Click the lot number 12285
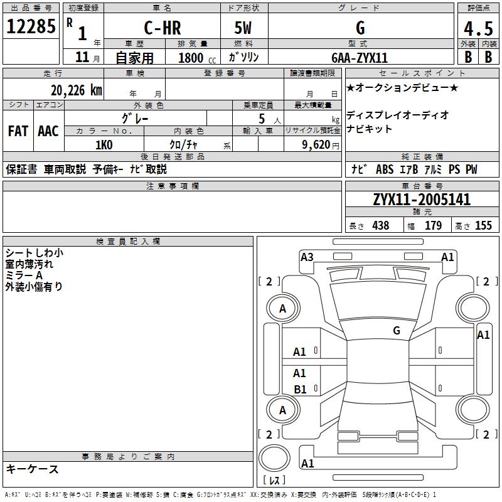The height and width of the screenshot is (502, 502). [x=31, y=26]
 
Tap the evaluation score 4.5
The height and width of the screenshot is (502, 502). [x=477, y=29]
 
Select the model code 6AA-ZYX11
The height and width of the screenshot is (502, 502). [x=360, y=58]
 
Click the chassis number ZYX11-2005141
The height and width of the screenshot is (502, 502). [x=421, y=200]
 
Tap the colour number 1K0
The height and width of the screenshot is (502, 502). [x=104, y=145]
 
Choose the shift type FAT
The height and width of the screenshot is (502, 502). [x=18, y=131]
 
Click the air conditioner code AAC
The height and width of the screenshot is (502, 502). [x=48, y=131]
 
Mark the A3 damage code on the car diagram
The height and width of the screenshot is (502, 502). [x=307, y=257]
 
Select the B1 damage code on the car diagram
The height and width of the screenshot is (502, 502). [x=300, y=390]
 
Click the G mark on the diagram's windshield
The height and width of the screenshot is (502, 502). [x=397, y=331]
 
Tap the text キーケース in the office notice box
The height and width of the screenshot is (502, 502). [x=32, y=469]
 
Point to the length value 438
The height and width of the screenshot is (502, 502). [x=380, y=226]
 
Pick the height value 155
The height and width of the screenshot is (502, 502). [x=483, y=226]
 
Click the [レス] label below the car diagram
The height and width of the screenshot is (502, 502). [x=274, y=481]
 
